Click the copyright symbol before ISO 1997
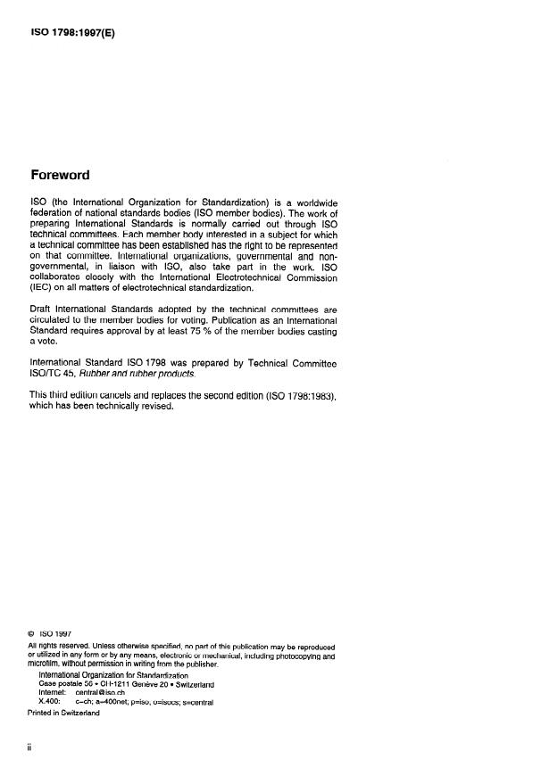pos(33,634)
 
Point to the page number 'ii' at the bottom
pos(31,749)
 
